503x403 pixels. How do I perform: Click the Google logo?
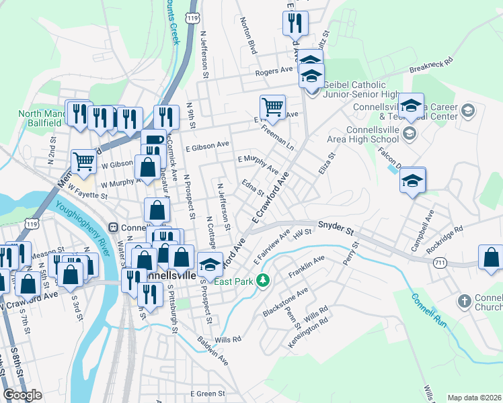point(22,394)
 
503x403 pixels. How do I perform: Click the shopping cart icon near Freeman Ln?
point(272,105)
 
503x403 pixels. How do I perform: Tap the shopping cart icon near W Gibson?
point(83,160)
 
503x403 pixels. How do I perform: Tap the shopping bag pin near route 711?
point(491,257)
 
